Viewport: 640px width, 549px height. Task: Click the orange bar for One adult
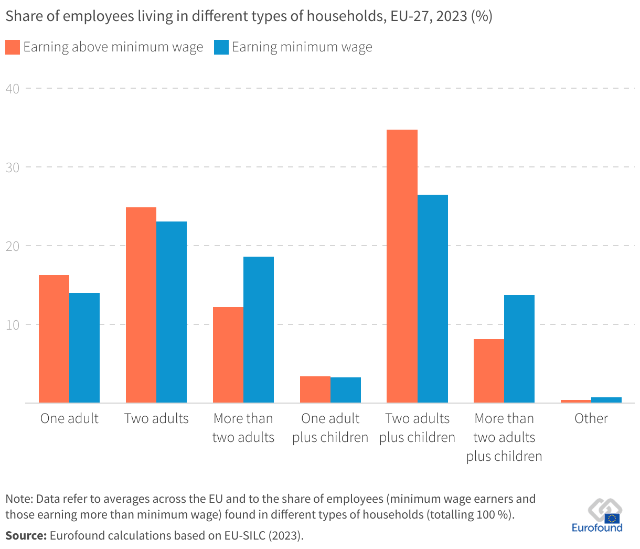[54, 339]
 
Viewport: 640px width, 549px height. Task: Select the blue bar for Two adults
[172, 312]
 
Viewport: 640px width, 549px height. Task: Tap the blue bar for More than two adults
[259, 329]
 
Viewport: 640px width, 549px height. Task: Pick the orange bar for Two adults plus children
[402, 266]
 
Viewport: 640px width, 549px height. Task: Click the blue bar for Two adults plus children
[433, 299]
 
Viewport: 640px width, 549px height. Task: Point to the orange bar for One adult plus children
[315, 389]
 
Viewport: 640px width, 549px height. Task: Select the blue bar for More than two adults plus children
[519, 349]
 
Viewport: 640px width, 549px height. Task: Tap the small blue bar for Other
[606, 400]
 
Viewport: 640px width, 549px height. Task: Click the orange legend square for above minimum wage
[13, 47]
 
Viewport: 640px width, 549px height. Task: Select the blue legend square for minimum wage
[221, 47]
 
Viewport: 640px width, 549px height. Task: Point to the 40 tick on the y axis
[13, 89]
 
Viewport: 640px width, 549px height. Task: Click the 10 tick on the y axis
[13, 325]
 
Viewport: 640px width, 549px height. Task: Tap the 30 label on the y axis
[13, 167]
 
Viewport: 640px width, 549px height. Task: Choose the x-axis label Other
[591, 418]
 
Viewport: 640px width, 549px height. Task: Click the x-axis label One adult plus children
[330, 428]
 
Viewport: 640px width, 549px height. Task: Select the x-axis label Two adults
[156, 418]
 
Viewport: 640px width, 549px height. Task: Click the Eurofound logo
[598, 517]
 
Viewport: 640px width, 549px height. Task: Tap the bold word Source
[25, 536]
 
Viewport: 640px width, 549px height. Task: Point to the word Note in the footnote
[18, 499]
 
